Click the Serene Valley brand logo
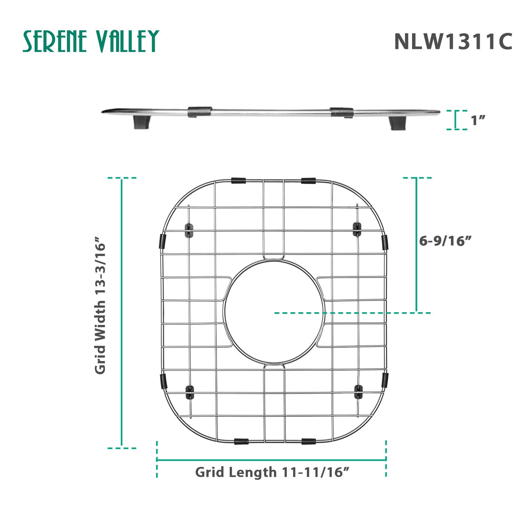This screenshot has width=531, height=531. point(91,42)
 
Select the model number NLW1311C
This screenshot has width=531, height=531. point(453,42)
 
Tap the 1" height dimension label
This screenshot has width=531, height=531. point(479,120)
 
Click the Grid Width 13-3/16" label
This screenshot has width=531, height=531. point(101,305)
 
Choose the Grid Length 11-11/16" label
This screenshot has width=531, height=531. point(272,472)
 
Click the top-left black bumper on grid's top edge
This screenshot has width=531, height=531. point(238,180)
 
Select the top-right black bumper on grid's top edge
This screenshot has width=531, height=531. point(308,180)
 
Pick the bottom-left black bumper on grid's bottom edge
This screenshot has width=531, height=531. point(241,442)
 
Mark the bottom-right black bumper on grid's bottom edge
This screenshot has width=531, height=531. point(308,442)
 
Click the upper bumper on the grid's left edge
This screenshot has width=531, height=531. point(162,241)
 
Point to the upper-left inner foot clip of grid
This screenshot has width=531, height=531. point(189,230)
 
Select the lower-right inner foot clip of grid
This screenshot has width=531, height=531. point(358,391)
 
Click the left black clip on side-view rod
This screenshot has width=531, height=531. point(199,112)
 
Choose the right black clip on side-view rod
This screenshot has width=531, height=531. point(342,112)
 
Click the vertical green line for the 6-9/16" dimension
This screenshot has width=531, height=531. point(416,245)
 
